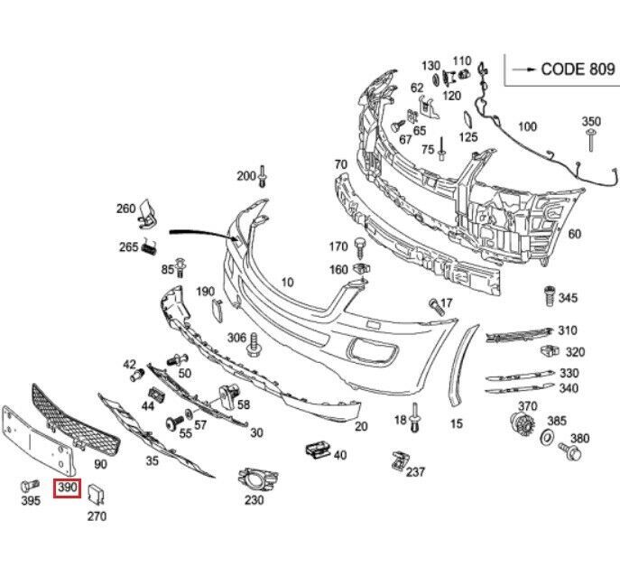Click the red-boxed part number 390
coord(68,489)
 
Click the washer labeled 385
coord(546,438)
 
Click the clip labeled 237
coord(398,460)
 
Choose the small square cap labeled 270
coord(97,492)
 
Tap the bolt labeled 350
coord(590,139)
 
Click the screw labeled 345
coord(546,295)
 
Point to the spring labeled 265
coord(151,247)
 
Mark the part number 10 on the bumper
coord(287,283)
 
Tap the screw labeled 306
coord(254,342)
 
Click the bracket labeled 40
coord(316,450)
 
